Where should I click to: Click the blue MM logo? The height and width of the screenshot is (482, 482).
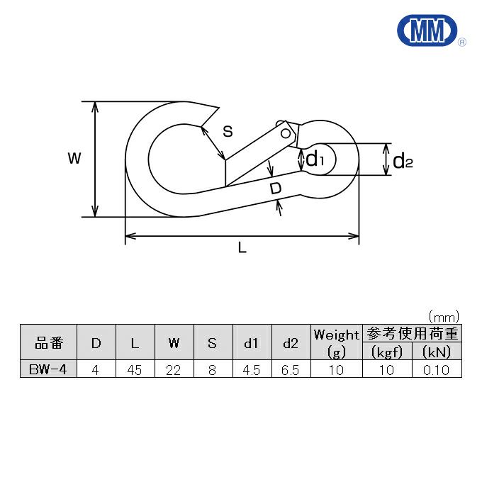[x=427, y=30]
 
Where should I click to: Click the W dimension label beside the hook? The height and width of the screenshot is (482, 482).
[x=74, y=158]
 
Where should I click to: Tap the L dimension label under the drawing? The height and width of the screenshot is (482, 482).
[x=242, y=247]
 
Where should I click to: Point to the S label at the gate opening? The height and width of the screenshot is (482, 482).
[x=228, y=131]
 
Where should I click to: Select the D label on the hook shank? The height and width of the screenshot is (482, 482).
[x=276, y=188]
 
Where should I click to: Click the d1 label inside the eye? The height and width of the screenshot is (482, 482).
[x=315, y=159]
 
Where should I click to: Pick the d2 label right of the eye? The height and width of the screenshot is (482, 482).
[x=403, y=161]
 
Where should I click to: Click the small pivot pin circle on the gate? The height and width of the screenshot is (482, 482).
[x=286, y=133]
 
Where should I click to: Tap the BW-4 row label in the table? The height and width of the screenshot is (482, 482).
[x=48, y=369]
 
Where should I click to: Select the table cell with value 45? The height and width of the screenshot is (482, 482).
[x=135, y=369]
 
